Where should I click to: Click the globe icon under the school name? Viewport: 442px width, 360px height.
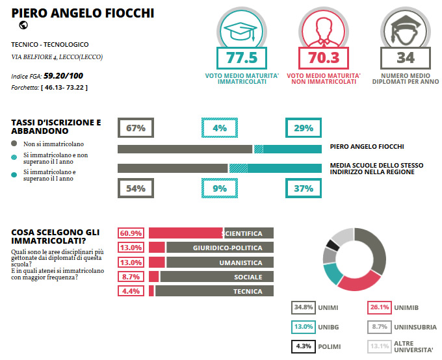coord(23,25)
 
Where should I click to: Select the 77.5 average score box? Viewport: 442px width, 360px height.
coord(237,57)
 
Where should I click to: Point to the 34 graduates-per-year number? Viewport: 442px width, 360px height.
coord(405,57)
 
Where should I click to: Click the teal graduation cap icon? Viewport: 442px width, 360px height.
coord(237,29)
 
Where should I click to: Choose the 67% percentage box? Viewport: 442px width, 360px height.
coord(135,128)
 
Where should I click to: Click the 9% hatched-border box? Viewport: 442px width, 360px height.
coord(220,188)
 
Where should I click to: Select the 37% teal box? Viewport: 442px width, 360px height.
coord(304,188)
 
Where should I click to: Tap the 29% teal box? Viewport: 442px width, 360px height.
coord(304,128)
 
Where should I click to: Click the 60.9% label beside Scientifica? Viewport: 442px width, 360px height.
coord(131,233)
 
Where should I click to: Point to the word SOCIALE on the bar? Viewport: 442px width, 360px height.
coord(248,277)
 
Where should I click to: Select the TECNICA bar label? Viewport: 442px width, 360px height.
coord(248,292)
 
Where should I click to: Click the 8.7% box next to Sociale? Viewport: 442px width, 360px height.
coord(131,277)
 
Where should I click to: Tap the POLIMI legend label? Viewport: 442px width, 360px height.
coord(330,346)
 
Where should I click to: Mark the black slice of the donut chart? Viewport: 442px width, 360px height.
coord(333,245)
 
